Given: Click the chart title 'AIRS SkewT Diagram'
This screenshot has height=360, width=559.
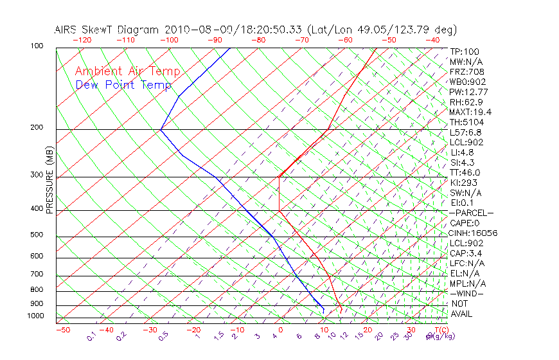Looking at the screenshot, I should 107,30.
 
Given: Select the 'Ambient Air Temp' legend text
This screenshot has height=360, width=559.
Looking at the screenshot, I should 127,71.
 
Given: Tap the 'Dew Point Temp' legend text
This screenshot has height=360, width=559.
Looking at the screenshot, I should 123,85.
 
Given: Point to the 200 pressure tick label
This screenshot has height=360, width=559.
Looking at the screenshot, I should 37,128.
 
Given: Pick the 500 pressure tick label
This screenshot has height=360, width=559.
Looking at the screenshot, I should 37,235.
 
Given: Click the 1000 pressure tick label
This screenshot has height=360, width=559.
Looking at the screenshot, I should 35,316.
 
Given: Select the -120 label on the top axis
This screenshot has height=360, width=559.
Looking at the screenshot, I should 82,40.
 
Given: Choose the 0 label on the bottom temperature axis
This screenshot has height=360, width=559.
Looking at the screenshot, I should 281,330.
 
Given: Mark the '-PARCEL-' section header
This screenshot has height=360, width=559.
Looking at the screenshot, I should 471,213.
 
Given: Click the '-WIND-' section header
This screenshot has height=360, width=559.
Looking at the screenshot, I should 466,293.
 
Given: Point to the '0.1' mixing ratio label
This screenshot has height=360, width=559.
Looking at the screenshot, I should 91,336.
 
